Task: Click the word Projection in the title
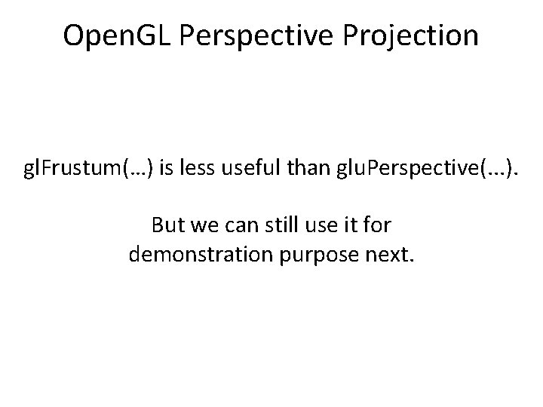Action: tap(416, 35)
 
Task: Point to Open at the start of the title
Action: tap(91, 35)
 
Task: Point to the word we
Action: tap(202, 225)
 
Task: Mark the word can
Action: tap(235, 225)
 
